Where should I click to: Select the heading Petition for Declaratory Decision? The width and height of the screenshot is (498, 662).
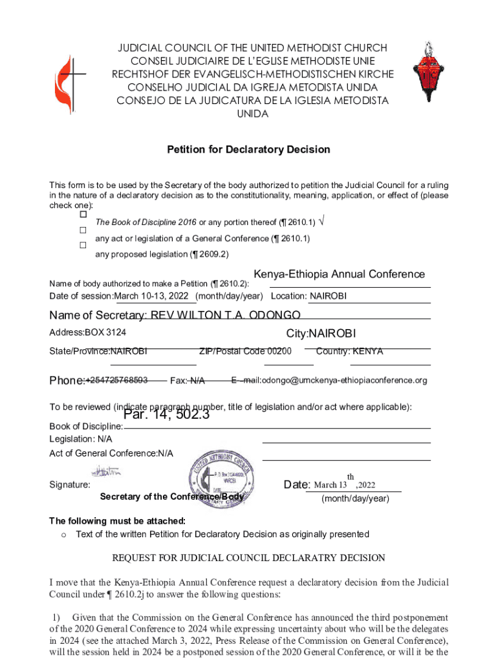[248, 149]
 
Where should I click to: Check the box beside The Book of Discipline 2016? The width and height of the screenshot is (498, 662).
[83, 214]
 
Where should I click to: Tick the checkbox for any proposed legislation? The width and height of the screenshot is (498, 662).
[83, 246]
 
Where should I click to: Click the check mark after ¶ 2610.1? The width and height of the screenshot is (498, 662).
[322, 222]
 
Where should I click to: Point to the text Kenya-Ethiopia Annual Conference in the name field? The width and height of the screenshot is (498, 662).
[339, 274]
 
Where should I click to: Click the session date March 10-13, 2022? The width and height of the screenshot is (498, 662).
[155, 296]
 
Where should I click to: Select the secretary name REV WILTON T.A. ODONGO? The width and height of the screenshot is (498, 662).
[225, 315]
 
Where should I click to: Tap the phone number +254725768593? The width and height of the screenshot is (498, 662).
[117, 379]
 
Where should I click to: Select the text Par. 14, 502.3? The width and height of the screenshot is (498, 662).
[167, 415]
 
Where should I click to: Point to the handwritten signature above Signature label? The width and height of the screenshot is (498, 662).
[106, 472]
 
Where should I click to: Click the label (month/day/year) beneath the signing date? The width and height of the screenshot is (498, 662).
[356, 498]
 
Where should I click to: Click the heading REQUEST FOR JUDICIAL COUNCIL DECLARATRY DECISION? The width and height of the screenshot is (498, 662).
[248, 558]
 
